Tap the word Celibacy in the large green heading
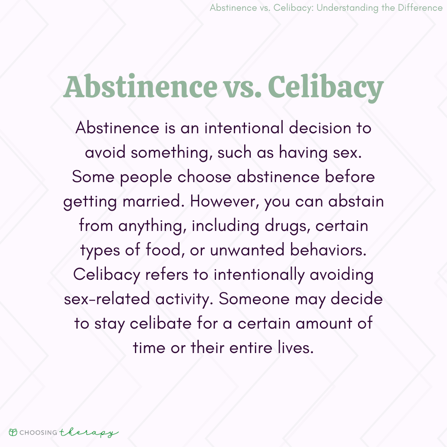pyautogui.click(x=325, y=88)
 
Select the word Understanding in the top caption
pyautogui.click(x=351, y=8)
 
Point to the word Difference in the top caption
pyautogui.click(x=418, y=8)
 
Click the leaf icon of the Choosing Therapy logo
pyautogui.click(x=14, y=432)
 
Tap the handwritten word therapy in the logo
pyautogui.click(x=89, y=432)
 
